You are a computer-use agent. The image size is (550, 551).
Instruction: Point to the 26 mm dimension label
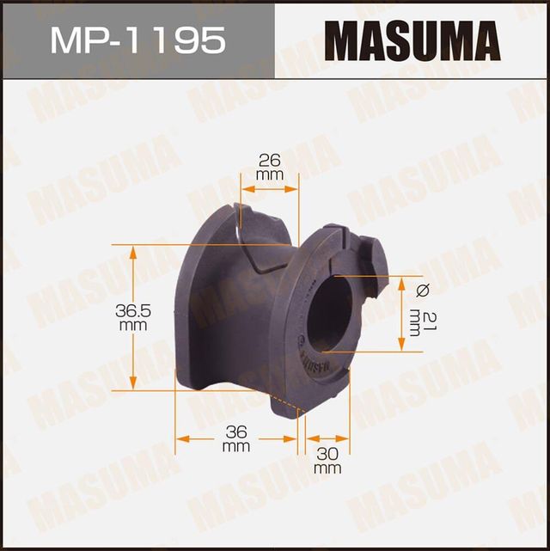pyautogui.click(x=268, y=166)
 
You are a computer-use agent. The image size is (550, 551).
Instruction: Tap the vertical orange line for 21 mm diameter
pyautogui.click(x=401, y=314)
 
